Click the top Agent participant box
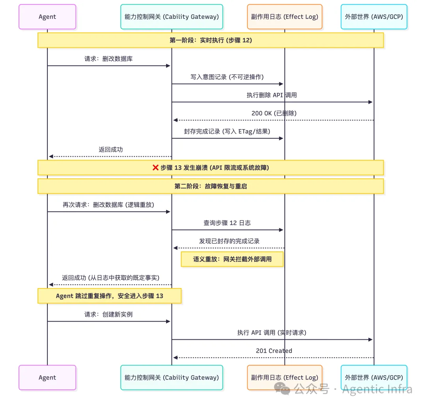[x=47, y=17]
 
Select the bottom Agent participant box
[x=47, y=378]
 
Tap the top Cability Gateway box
[x=172, y=17]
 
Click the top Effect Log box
[x=284, y=17]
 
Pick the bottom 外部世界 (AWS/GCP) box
[x=374, y=378]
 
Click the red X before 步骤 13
[x=155, y=168]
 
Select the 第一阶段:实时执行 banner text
[x=211, y=40]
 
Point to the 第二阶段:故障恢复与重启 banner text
[x=211, y=186]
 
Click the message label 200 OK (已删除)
[x=274, y=113]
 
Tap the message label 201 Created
[x=274, y=351]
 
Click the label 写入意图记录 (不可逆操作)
[x=227, y=77]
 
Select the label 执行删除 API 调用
[x=272, y=95]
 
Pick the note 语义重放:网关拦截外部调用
[x=232, y=259]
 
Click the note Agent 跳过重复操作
[x=109, y=296]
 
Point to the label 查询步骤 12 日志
[x=227, y=223]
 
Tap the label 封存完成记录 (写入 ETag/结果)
[x=227, y=131]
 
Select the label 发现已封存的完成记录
[x=229, y=241]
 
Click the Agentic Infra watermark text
[x=377, y=389]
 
